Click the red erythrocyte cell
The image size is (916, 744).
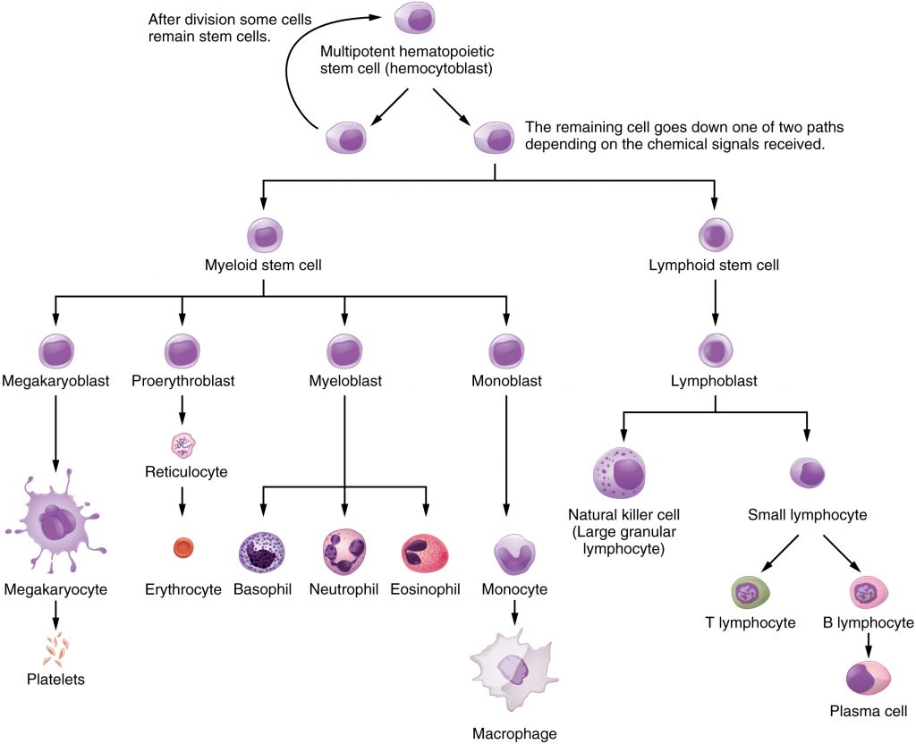(x=182, y=547)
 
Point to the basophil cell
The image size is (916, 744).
(x=262, y=552)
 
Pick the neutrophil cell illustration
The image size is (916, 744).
(x=344, y=551)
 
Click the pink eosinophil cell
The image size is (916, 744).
(x=425, y=552)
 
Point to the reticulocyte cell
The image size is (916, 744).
(x=182, y=444)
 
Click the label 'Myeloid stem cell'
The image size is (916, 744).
(x=263, y=266)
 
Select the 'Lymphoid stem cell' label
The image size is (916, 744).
(x=714, y=266)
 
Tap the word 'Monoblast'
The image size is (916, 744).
(x=506, y=381)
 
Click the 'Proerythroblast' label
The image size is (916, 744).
(x=182, y=381)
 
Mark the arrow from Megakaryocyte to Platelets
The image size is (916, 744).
(x=56, y=613)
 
